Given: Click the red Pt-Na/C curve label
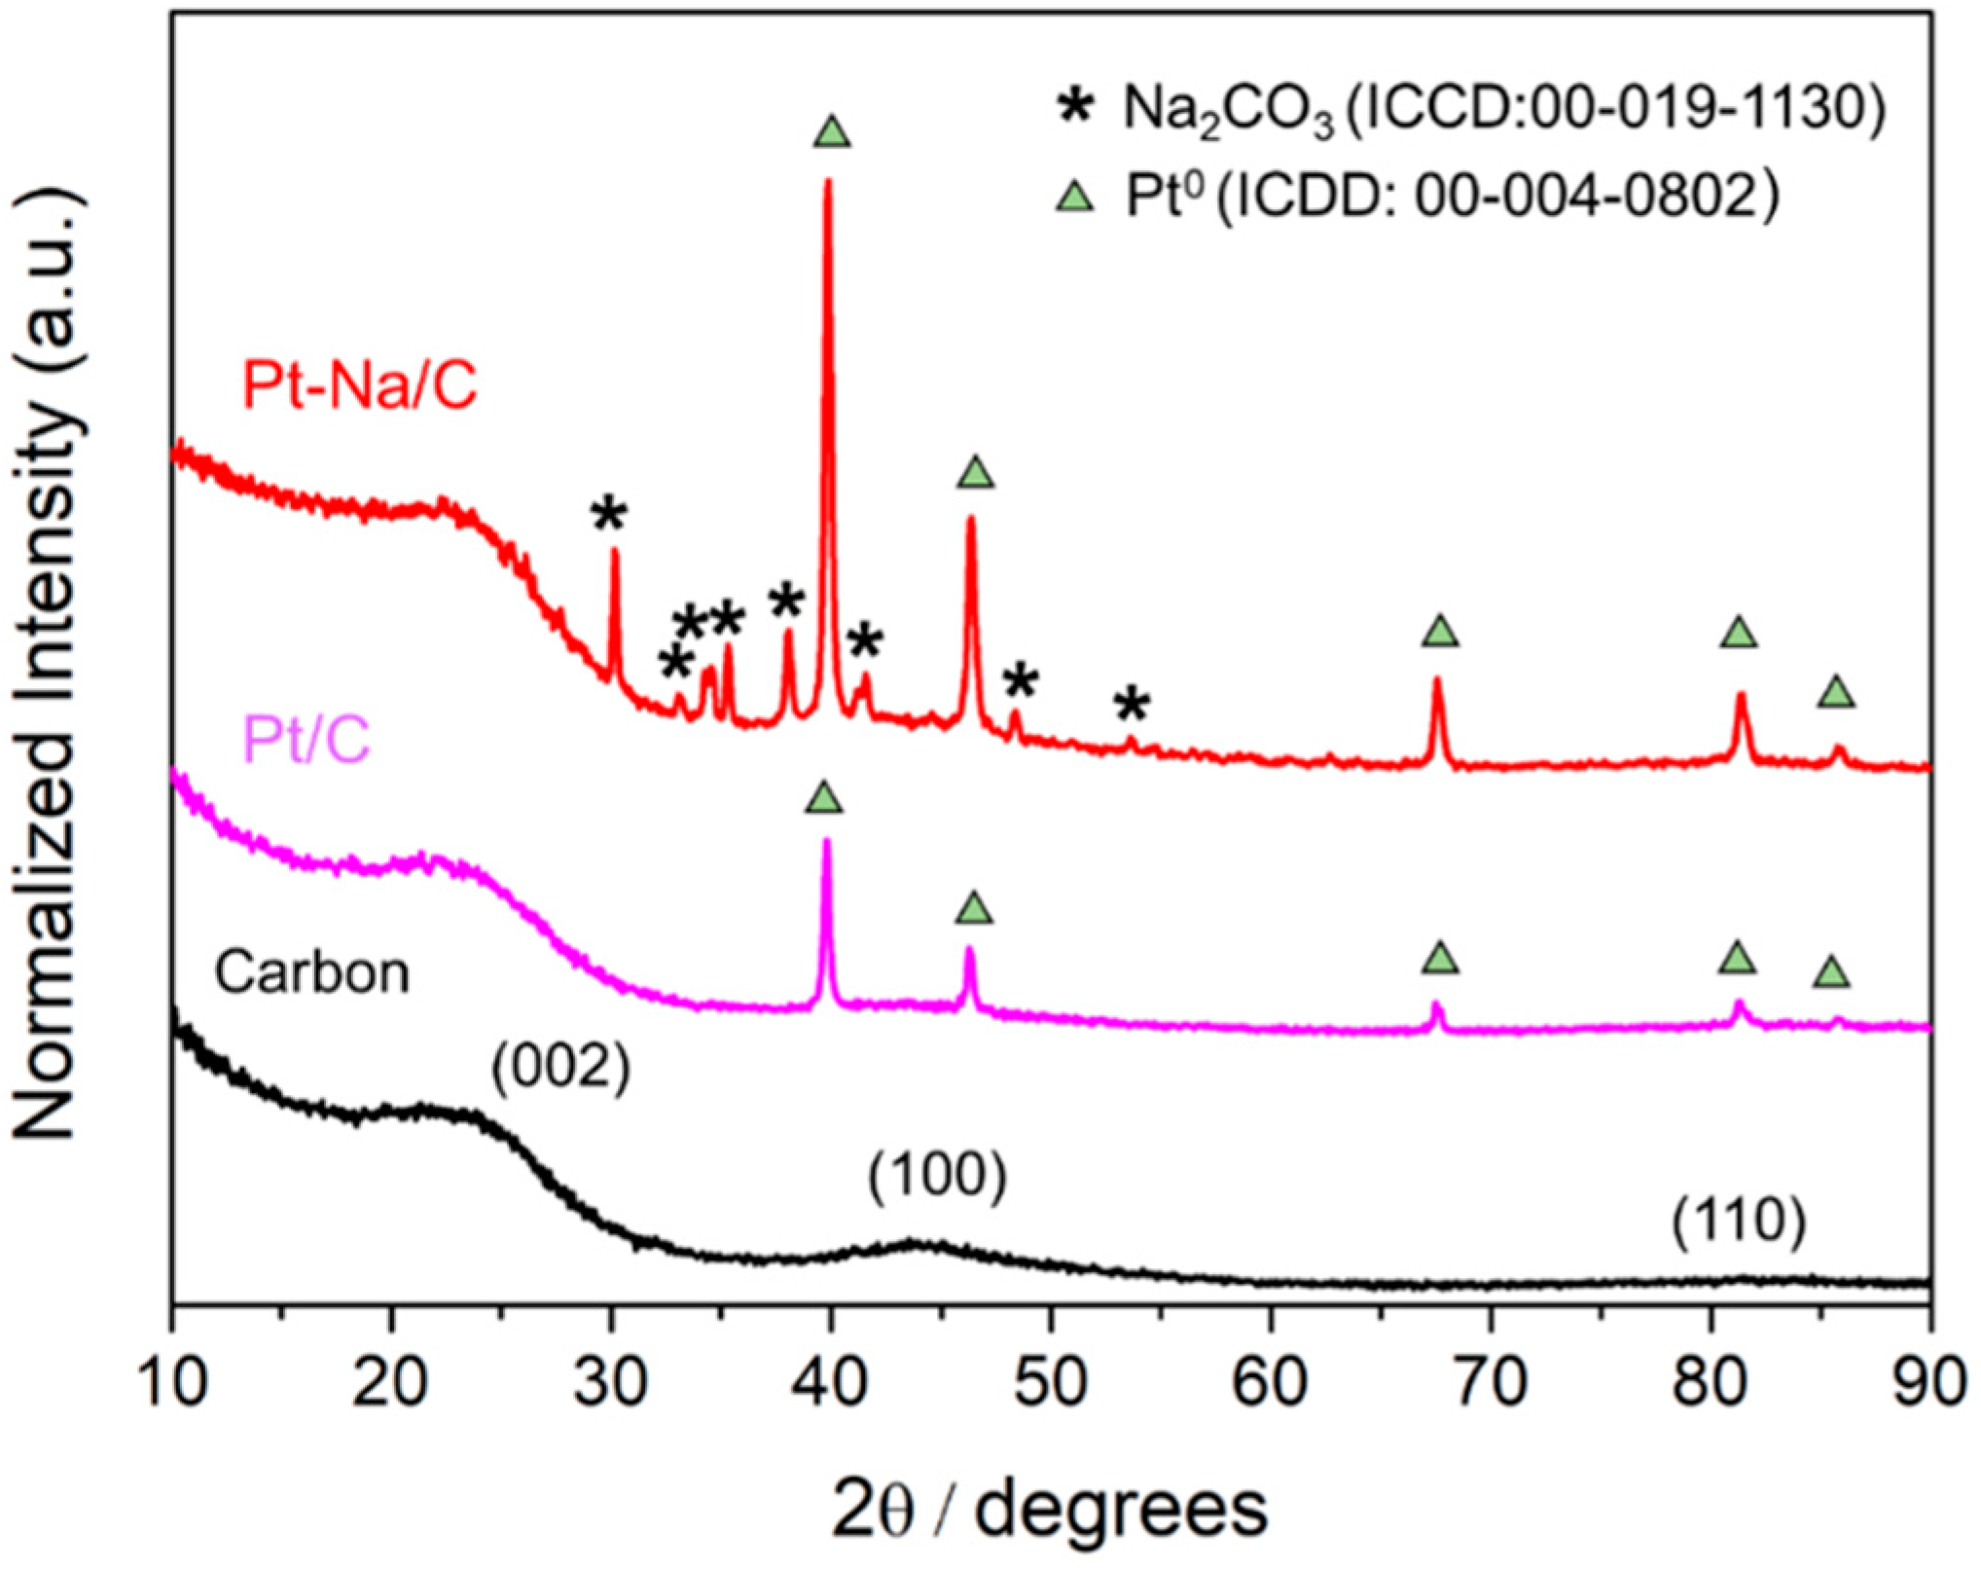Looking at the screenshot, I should click(360, 385).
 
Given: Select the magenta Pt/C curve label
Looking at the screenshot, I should click(306, 740).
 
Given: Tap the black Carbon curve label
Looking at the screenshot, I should click(311, 972).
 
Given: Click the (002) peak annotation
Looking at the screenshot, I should click(561, 1068).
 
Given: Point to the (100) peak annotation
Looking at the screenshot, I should click(937, 1176).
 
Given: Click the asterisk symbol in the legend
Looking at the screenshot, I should click(1075, 105).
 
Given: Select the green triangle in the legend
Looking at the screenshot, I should click(1075, 198).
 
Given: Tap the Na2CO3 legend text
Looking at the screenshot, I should click(1503, 107).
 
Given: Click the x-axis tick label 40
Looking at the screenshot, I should click(830, 1383).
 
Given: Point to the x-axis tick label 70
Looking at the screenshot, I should click(1490, 1383).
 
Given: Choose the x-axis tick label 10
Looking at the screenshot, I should click(173, 1383).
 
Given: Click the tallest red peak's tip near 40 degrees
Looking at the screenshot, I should click(828, 181).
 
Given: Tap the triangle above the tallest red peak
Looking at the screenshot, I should click(832, 131).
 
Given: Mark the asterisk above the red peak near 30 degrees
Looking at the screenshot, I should click(609, 513).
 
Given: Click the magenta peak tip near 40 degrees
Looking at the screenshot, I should click(827, 841).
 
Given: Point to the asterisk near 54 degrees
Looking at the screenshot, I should click(1132, 704).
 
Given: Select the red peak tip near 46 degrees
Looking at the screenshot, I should click(970, 518).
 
